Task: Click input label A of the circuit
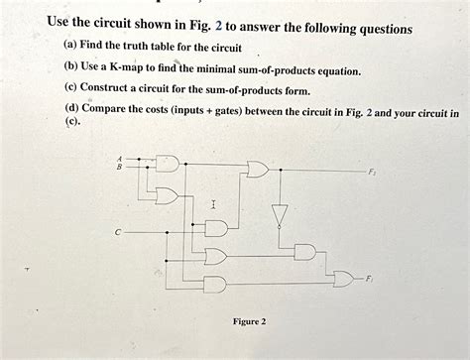click(x=120, y=157)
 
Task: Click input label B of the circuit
click(x=120, y=165)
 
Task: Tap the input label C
click(x=116, y=232)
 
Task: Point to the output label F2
click(x=372, y=172)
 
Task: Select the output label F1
click(x=369, y=279)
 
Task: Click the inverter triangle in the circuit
click(x=281, y=214)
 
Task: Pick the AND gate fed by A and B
click(x=170, y=162)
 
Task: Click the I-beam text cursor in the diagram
click(x=213, y=203)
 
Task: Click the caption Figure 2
click(x=249, y=321)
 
